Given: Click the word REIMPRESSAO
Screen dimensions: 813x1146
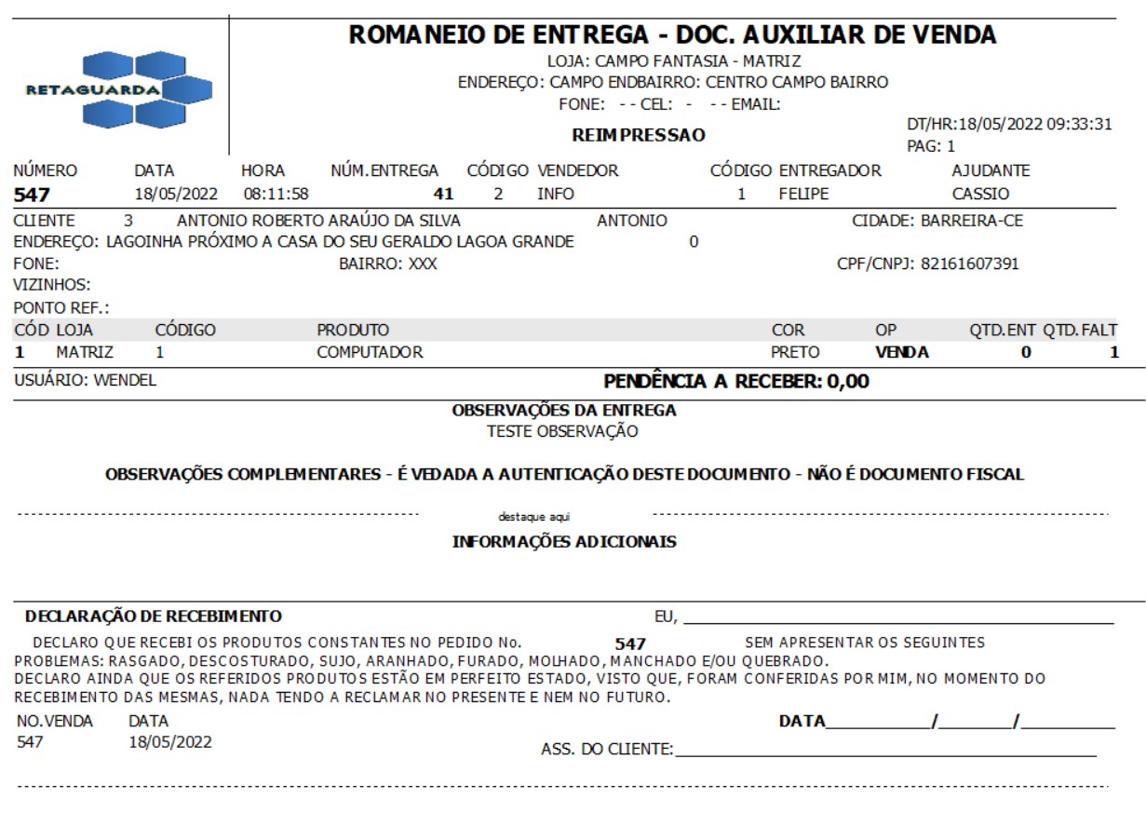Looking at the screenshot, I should point(638,135).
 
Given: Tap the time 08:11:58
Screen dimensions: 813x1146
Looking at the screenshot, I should point(276,195).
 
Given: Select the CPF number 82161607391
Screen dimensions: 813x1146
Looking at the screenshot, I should point(977,264).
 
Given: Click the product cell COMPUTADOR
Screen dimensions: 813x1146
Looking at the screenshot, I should point(371,352).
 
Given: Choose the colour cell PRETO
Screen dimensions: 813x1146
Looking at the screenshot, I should point(795,352).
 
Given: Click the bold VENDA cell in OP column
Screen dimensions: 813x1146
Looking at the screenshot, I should point(902,352).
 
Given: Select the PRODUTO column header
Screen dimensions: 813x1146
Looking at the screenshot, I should point(353,330).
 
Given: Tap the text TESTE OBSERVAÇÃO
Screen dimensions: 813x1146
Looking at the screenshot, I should point(563,431).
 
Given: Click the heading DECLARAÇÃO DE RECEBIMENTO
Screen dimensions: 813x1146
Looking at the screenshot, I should point(153,617).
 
